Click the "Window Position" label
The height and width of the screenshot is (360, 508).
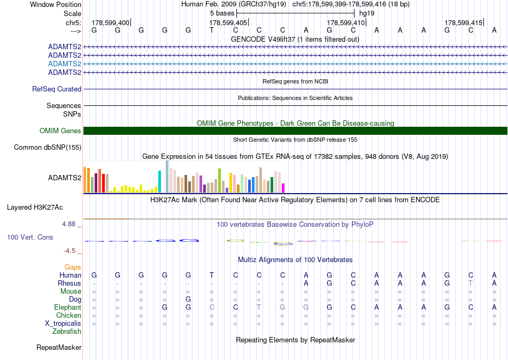(x=56, y=4)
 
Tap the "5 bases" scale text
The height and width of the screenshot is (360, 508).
(x=222, y=13)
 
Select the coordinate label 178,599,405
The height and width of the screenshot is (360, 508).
(x=228, y=22)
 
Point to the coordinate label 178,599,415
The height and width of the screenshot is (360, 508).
(x=463, y=22)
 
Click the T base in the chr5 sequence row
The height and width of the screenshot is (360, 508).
(x=212, y=30)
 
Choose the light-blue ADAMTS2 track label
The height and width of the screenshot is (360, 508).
(x=65, y=64)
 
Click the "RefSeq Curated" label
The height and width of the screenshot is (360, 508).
(x=57, y=89)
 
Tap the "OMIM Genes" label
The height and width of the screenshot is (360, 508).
(x=60, y=131)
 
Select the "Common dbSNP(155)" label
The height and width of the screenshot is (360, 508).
(x=48, y=148)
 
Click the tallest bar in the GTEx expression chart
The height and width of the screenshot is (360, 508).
(x=167, y=177)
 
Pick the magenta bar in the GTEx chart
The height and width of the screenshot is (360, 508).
(x=283, y=188)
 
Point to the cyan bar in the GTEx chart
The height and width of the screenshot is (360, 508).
(x=159, y=182)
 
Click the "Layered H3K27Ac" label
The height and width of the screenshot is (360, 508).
(x=35, y=208)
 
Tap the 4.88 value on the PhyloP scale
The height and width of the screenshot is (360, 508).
(x=68, y=224)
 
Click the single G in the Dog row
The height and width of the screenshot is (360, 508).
(x=188, y=299)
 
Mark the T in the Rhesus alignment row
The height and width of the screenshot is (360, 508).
(x=471, y=283)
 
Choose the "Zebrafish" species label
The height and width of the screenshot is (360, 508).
(x=67, y=332)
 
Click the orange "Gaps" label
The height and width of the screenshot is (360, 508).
(x=73, y=267)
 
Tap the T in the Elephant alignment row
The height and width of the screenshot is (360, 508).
(x=259, y=307)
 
